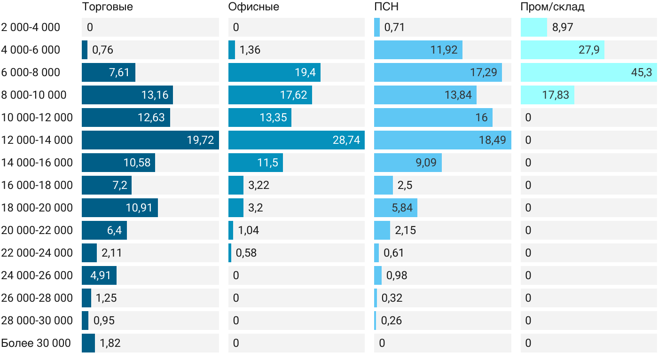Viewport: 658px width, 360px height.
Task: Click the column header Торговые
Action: point(107,7)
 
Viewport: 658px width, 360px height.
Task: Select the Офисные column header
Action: point(253,7)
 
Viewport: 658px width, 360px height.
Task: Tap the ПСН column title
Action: point(386,7)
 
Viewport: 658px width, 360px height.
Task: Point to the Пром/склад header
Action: point(552,7)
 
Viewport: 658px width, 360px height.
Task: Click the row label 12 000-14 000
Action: point(37,140)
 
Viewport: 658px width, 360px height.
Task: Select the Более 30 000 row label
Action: point(36,343)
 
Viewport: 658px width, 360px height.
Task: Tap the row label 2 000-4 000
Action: point(31,27)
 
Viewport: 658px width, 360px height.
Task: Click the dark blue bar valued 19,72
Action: point(150,140)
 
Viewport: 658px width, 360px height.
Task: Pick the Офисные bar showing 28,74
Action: point(297,140)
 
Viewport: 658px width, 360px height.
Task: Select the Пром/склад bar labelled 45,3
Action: point(588,72)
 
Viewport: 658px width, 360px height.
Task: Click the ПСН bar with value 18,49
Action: point(443,140)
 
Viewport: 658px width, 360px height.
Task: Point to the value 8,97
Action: point(563,27)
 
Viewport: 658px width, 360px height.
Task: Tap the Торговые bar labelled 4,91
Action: point(99,275)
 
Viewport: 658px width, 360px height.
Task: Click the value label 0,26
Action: point(391,321)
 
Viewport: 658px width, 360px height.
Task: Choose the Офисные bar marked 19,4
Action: point(274,72)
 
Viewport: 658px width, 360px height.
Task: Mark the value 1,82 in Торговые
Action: point(110,343)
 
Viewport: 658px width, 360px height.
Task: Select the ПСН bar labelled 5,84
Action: point(396,208)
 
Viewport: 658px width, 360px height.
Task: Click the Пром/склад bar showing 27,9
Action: point(563,50)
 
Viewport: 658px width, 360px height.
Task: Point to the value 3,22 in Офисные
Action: point(259,185)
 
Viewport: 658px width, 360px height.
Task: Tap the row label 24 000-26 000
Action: point(37,275)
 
